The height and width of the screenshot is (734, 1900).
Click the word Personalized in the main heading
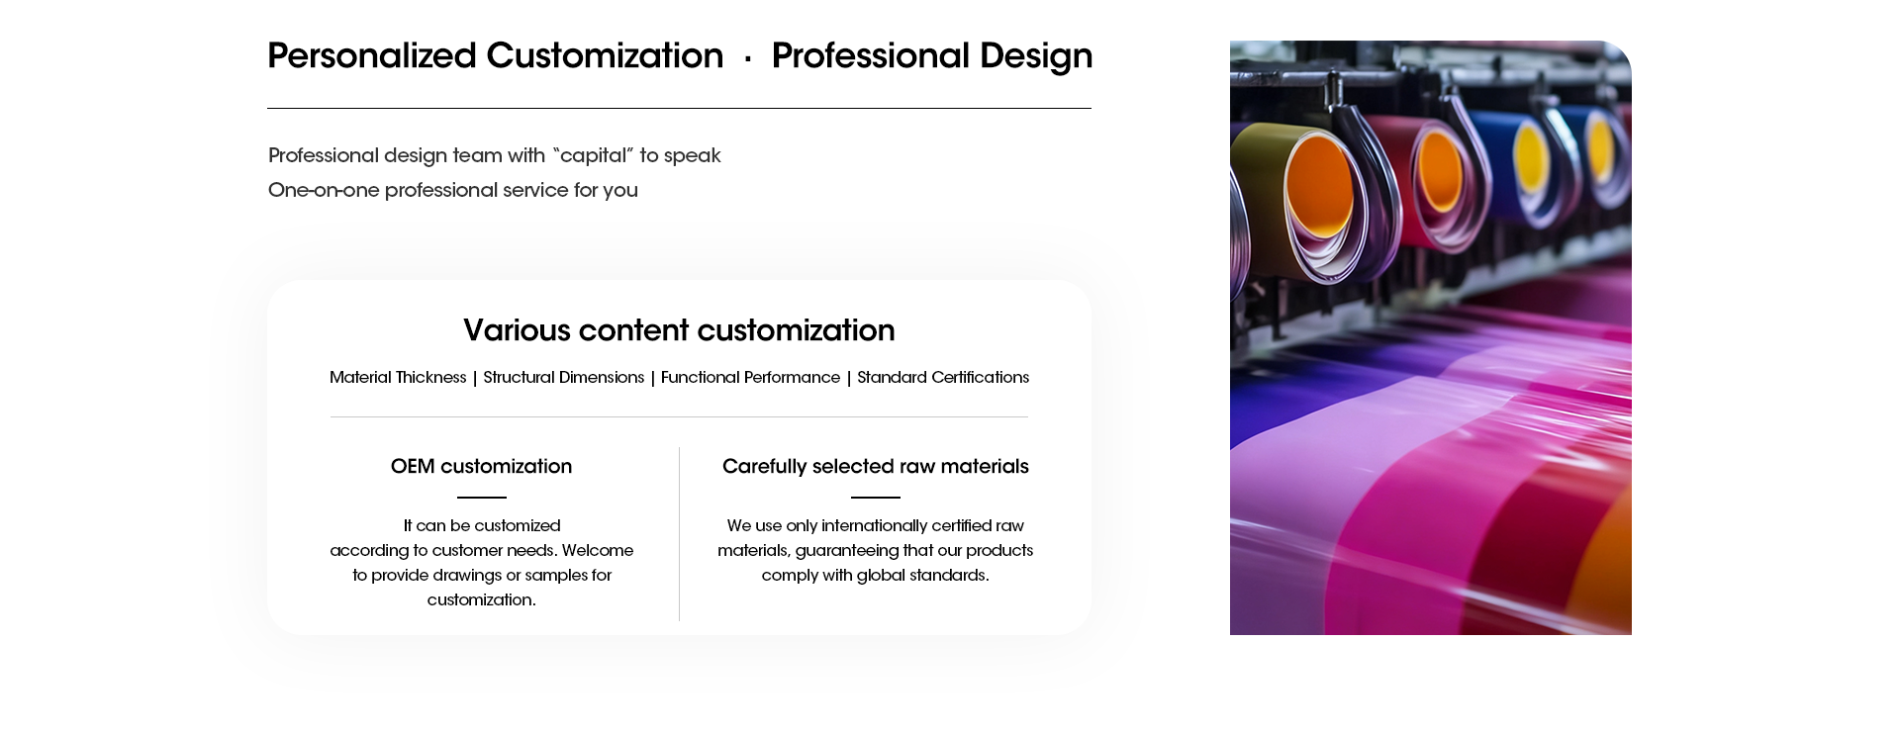tap(372, 56)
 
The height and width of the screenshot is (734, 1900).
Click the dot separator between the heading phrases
tap(748, 59)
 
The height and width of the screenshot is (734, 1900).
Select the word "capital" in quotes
tap(592, 156)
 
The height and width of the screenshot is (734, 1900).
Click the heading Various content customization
tap(679, 330)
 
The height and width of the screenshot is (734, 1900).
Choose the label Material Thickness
tap(398, 378)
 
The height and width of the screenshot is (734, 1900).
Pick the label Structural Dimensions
tap(564, 378)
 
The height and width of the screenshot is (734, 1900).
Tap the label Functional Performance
tap(750, 378)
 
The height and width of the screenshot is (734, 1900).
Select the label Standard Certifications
tap(943, 378)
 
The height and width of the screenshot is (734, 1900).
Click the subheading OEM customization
tap(481, 467)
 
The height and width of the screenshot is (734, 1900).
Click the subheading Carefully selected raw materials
tap(876, 467)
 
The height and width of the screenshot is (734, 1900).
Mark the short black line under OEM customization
tap(482, 498)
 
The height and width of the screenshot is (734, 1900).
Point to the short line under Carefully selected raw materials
tap(876, 498)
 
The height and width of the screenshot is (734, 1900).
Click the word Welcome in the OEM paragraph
tap(598, 551)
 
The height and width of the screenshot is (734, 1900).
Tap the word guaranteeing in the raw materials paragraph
tap(847, 551)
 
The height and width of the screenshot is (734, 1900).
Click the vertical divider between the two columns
tap(680, 534)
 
